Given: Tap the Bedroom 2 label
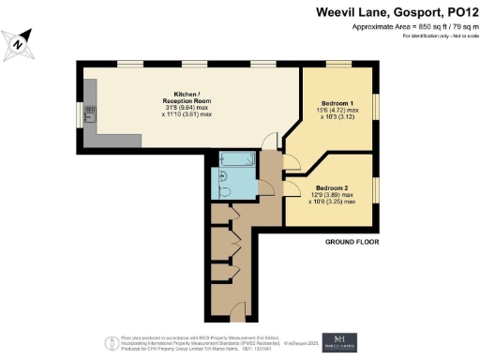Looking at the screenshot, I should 333,187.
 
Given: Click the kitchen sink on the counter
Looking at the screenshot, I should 87,115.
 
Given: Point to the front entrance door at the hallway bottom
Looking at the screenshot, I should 238,308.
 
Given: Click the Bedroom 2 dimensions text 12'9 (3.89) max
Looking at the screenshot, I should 333,195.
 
